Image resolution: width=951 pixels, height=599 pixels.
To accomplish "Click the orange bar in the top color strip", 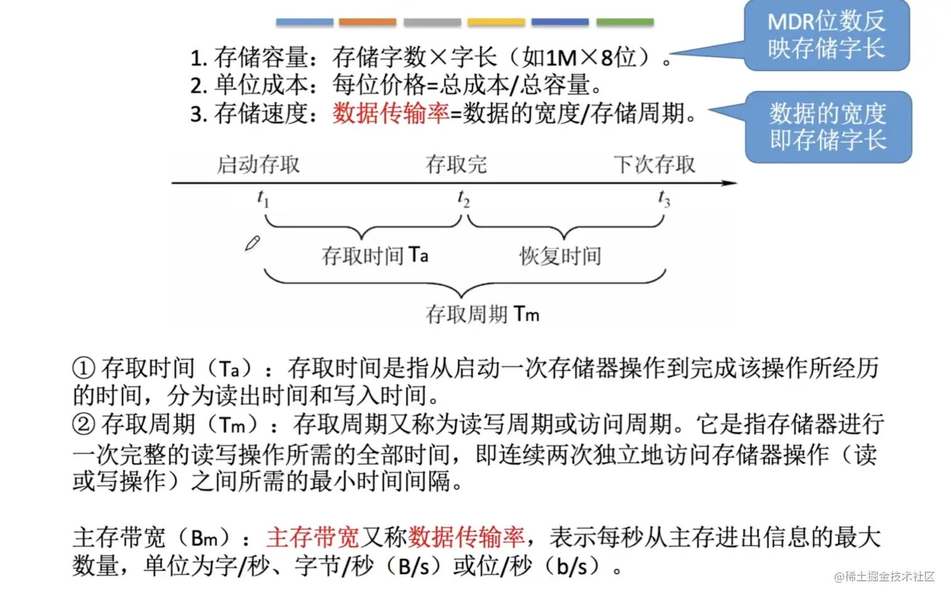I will click(x=367, y=22).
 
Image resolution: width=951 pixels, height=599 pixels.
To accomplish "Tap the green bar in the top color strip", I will click(x=625, y=22).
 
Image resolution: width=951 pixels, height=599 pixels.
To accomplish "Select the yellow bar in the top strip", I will click(x=496, y=22).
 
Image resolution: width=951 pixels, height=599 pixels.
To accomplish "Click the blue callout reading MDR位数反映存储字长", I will click(x=826, y=35).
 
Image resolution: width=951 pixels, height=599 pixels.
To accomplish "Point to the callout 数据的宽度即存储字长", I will click(x=828, y=126).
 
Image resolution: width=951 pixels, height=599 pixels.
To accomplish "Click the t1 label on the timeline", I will click(x=263, y=198).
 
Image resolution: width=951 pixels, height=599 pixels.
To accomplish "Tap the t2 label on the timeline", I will click(x=464, y=198).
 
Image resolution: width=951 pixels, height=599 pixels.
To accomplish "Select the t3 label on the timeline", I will click(x=664, y=198).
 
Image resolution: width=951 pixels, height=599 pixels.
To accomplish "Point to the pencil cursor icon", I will click(x=252, y=244).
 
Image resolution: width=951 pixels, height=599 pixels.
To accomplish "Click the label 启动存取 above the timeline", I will click(x=259, y=165).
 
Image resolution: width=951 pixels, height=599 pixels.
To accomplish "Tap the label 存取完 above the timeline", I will click(x=456, y=165).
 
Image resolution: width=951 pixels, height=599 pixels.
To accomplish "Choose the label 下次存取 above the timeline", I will click(x=655, y=165).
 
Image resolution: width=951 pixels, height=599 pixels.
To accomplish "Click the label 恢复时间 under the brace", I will click(x=560, y=256).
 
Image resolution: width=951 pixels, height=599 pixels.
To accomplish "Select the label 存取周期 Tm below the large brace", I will click(x=482, y=313).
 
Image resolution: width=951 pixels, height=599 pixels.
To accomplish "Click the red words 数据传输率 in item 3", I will click(x=391, y=113).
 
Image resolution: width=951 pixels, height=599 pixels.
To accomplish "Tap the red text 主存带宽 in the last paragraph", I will click(x=313, y=537).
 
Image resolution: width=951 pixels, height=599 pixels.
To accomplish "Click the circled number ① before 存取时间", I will click(x=84, y=368).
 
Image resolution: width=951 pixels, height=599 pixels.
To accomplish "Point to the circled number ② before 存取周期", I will click(x=84, y=424).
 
